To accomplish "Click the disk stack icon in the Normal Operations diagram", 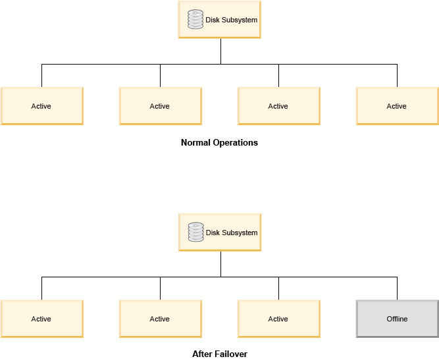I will (x=195, y=20).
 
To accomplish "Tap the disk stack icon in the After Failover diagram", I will (x=195, y=233).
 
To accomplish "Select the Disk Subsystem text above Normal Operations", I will (x=231, y=20).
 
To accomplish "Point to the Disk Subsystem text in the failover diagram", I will (x=231, y=233).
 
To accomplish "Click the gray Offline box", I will (x=397, y=319).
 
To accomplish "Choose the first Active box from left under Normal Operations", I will (x=41, y=106).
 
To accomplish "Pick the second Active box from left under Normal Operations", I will (x=160, y=106).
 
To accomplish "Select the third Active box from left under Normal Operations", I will (x=278, y=106).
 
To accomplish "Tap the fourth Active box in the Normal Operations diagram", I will (x=397, y=106).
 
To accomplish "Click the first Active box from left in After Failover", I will (x=41, y=319).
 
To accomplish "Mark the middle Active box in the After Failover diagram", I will (x=160, y=319).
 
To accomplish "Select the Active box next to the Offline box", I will (x=278, y=319).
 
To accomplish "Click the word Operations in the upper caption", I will (x=234, y=142).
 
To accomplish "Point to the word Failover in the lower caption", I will (x=231, y=354).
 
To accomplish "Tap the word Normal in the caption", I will (x=195, y=142).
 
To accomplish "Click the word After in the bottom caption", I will (x=201, y=354).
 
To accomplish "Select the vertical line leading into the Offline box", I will (x=397, y=289).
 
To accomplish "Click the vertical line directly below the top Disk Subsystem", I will (x=220, y=51).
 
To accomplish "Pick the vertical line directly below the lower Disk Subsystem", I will (x=220, y=264).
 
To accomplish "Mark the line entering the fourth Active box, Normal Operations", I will (x=397, y=76).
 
